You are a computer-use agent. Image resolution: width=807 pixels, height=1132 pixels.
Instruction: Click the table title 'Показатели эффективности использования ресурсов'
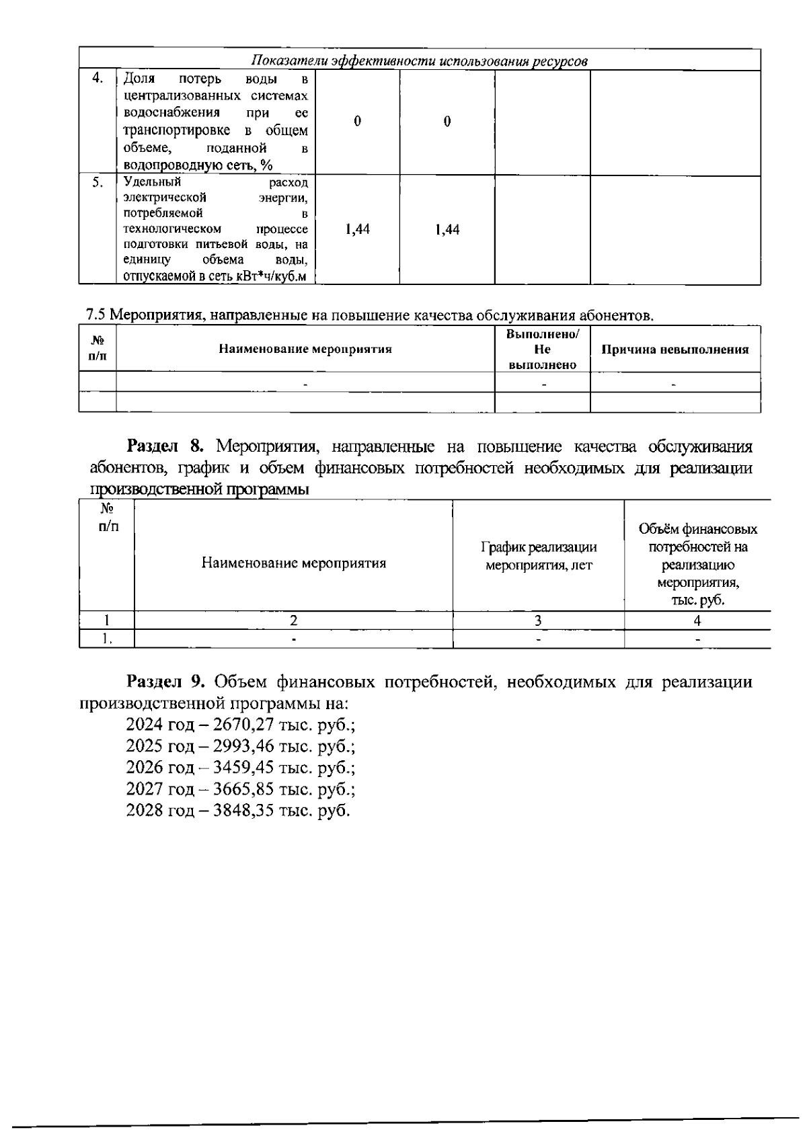[x=420, y=61]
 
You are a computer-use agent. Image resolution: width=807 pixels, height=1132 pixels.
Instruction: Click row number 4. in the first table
[x=98, y=79]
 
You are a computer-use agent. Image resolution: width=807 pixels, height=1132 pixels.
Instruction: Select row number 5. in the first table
[x=98, y=183]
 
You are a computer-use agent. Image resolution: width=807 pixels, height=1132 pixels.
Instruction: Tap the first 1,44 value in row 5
[x=357, y=230]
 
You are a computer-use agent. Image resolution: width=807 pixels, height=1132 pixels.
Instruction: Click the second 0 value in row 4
[x=447, y=122]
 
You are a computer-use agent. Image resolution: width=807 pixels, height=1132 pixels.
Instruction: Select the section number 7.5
[x=96, y=315]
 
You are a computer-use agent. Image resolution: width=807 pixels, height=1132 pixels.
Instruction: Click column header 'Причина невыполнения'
[x=675, y=350]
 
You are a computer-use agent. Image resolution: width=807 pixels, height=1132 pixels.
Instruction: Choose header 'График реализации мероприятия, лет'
[x=539, y=556]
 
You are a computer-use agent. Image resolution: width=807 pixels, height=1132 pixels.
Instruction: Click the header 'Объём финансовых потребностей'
[x=697, y=538]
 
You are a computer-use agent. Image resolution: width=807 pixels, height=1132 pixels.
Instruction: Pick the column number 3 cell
[x=538, y=620]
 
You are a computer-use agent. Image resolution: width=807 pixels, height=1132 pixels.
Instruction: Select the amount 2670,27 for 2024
[x=240, y=725]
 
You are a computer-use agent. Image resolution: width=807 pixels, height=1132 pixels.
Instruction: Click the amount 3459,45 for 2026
[x=240, y=767]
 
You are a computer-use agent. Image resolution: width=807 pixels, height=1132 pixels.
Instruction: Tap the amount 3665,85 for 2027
[x=240, y=789]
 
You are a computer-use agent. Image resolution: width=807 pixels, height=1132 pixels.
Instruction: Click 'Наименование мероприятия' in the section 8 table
[x=293, y=563]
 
